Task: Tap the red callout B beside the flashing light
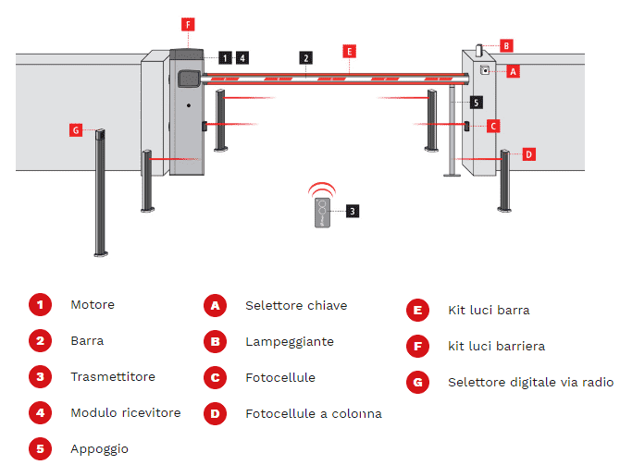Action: point(506,45)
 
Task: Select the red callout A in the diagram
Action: point(514,70)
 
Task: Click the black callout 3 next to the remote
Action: point(353,211)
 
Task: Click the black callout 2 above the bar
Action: point(305,57)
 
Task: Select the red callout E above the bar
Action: point(349,52)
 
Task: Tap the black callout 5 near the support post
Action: point(476,102)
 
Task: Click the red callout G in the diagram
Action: point(76,130)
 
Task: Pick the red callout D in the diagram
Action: point(528,154)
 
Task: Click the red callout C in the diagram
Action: point(493,126)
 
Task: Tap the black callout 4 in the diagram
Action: point(242,57)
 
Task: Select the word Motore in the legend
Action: point(93,304)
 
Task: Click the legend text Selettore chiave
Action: point(296,305)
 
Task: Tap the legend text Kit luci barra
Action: point(489,311)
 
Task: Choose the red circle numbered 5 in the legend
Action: point(40,448)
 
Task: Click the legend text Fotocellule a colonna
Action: point(313,413)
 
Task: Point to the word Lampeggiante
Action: point(289,341)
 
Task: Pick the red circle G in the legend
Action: point(417,382)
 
